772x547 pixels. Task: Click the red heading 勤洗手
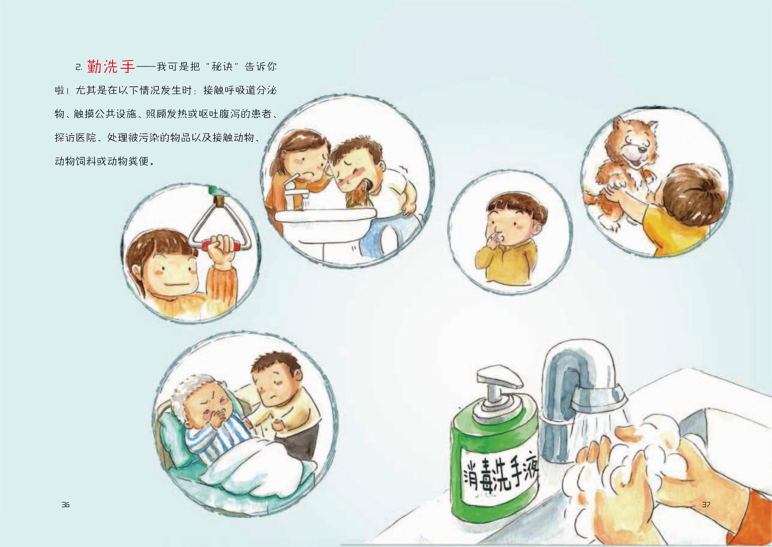point(111,66)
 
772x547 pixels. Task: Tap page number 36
point(65,505)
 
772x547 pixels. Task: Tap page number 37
point(706,505)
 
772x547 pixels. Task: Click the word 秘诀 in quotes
point(222,66)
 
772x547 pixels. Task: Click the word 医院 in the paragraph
point(86,138)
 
